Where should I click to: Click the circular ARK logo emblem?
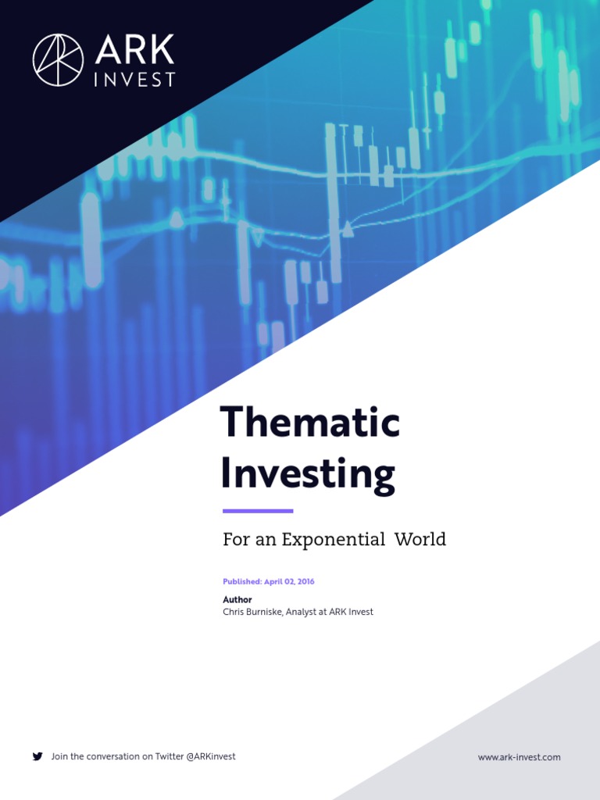(59, 59)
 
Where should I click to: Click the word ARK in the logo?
(134, 52)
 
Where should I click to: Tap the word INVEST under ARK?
(134, 80)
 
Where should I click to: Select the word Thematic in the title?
(310, 423)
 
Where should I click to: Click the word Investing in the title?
(308, 474)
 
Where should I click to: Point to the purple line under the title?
(258, 511)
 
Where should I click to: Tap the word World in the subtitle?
(420, 539)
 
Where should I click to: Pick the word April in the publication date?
(273, 582)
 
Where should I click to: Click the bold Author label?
(237, 600)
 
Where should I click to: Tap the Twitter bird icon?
(37, 756)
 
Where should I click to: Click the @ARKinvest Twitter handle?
(211, 756)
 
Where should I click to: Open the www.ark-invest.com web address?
(519, 757)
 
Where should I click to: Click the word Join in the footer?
(59, 756)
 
